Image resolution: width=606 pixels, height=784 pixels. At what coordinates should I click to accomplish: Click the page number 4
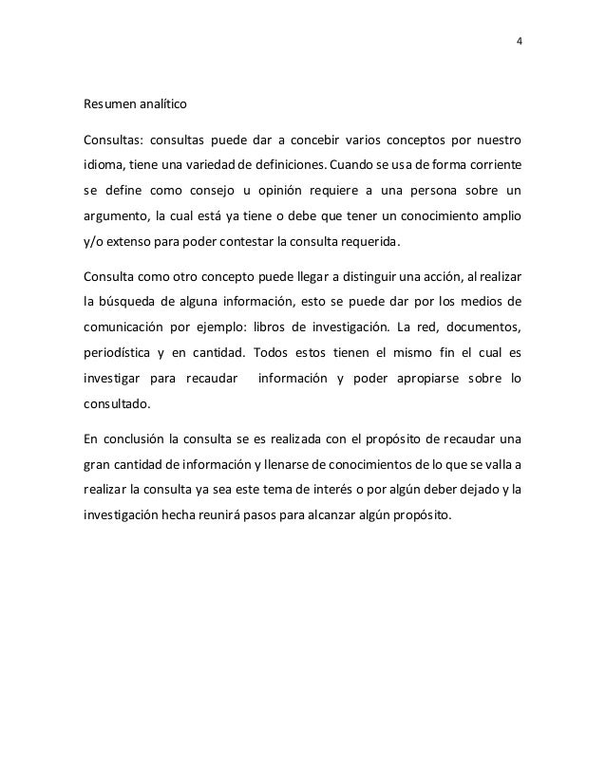pos(519,42)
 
